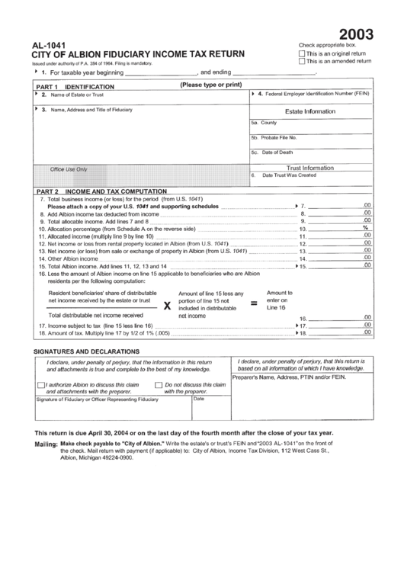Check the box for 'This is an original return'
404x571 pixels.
click(303, 54)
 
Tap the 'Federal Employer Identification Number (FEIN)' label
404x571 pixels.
click(317, 94)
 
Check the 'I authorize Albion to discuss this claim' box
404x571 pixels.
click(42, 385)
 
